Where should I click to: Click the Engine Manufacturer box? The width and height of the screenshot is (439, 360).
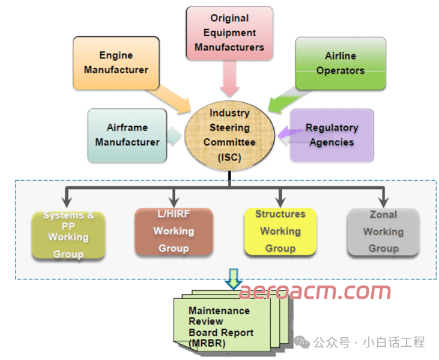click(x=116, y=63)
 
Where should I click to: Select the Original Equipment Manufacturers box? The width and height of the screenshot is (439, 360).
click(x=229, y=32)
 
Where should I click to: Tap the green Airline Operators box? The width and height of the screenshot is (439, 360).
click(x=341, y=63)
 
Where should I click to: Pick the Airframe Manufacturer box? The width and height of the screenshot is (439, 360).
click(x=127, y=135)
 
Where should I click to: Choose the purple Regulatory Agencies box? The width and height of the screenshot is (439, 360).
click(x=332, y=135)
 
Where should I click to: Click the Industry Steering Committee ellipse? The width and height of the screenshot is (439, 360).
click(x=229, y=135)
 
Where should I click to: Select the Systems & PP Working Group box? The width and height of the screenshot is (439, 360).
click(x=68, y=234)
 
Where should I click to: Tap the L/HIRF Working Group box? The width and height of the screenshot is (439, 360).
click(x=174, y=231)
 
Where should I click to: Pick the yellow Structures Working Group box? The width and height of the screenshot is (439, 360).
click(x=280, y=231)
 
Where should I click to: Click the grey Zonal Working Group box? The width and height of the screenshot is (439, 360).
click(x=383, y=231)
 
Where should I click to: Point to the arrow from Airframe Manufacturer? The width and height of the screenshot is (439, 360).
click(x=175, y=136)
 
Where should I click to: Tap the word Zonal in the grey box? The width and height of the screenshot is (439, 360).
click(x=383, y=215)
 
